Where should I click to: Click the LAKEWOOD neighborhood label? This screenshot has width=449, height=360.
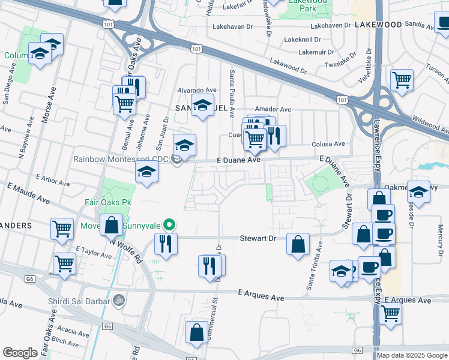tap(378, 25)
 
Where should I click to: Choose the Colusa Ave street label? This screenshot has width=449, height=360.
tap(328, 144)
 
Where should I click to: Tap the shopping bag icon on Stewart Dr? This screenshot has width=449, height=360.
tap(298, 244)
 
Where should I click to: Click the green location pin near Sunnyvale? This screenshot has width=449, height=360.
tap(170, 226)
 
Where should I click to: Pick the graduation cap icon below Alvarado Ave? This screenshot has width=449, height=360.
tap(202, 105)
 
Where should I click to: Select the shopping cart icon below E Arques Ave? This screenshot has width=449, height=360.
tap(390, 312)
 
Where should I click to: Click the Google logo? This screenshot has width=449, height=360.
tap(20, 353)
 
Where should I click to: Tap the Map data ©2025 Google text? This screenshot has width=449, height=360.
tap(411, 355)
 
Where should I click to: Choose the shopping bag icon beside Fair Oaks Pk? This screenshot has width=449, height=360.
tap(111, 226)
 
